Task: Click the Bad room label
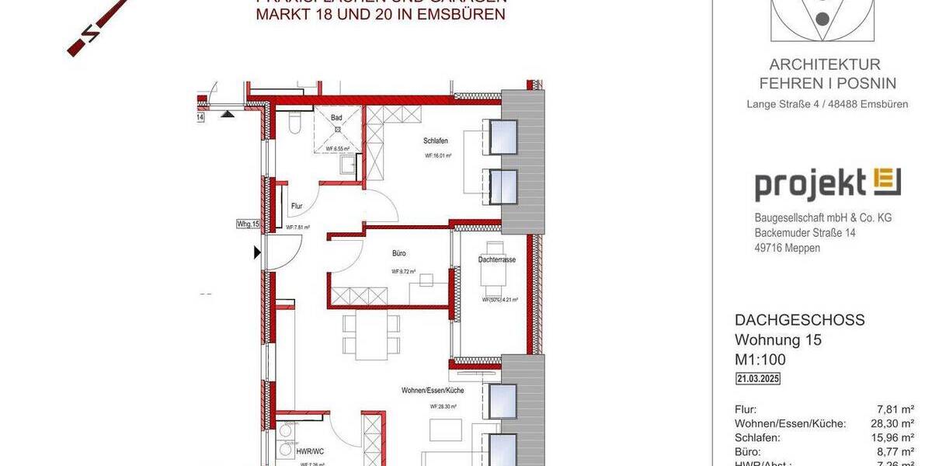(x=336, y=118)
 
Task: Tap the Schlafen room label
(x=436, y=141)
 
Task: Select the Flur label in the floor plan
(x=297, y=207)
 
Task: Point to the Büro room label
(x=399, y=253)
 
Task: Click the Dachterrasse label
(x=497, y=260)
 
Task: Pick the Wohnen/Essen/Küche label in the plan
(x=433, y=390)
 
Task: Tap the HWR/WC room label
(x=311, y=450)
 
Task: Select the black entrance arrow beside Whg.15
(x=257, y=252)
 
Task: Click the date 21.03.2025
(x=758, y=379)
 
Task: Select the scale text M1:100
(x=760, y=360)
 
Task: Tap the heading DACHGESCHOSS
(x=799, y=320)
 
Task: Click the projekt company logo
(x=827, y=185)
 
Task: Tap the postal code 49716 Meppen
(x=787, y=248)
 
